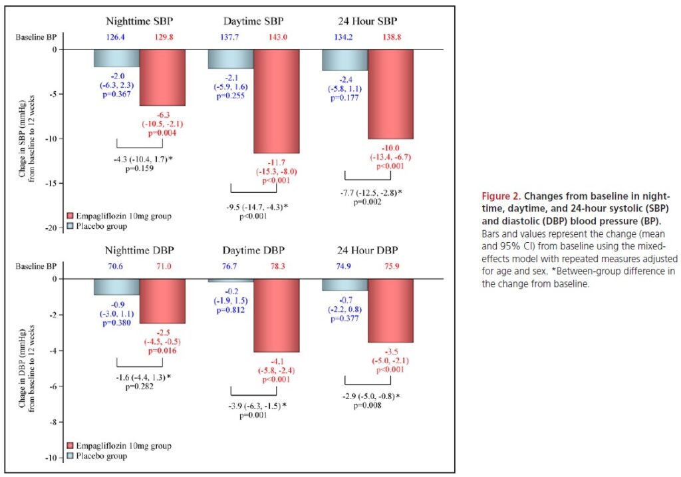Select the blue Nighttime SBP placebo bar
(116, 58)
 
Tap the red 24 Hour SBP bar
(390, 94)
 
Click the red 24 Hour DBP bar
(390, 310)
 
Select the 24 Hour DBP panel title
(368, 250)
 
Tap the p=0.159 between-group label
(139, 169)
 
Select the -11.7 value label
(277, 162)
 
